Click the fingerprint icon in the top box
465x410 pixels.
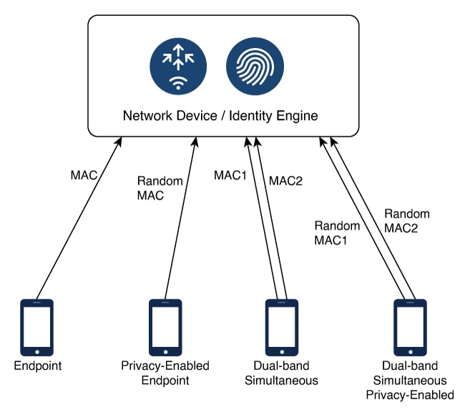pyautogui.click(x=255, y=67)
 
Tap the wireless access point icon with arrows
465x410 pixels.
pyautogui.click(x=178, y=67)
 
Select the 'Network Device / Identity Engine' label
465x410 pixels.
pyautogui.click(x=220, y=115)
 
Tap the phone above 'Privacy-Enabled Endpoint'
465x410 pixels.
pyautogui.click(x=165, y=327)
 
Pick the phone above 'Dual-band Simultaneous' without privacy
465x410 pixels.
pyautogui.click(x=280, y=327)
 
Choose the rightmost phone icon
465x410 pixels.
pyautogui.click(x=410, y=327)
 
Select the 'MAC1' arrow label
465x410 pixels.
pyautogui.click(x=230, y=175)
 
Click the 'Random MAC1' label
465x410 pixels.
pyautogui.click(x=331, y=233)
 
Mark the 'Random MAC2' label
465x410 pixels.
pyautogui.click(x=407, y=220)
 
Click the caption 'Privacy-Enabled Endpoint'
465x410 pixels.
pyautogui.click(x=165, y=373)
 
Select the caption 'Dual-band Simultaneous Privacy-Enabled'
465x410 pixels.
pyautogui.click(x=410, y=381)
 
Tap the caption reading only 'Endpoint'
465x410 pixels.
pyautogui.click(x=38, y=366)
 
